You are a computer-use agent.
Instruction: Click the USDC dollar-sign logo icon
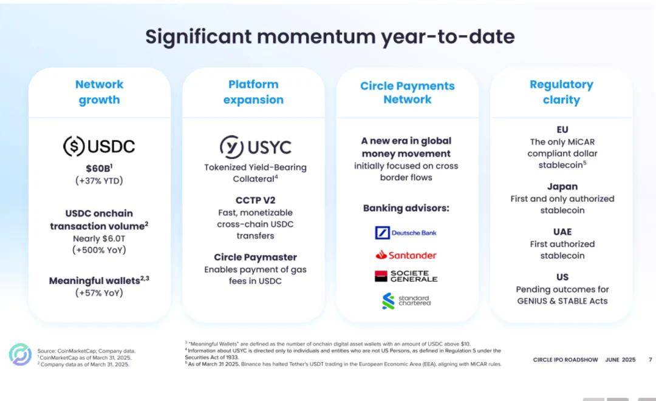point(73,146)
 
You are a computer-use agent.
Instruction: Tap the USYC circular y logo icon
point(231,147)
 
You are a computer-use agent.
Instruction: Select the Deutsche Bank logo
point(405,233)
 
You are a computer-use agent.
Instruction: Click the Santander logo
point(406,255)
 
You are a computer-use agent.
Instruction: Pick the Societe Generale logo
point(406,276)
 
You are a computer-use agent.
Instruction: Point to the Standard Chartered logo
point(406,301)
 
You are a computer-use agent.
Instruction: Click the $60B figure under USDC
point(99,168)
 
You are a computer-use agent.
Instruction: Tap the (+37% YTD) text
point(99,181)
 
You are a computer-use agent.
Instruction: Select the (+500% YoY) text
point(99,250)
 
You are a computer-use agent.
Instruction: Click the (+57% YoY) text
point(99,293)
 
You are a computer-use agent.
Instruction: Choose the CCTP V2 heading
point(255,200)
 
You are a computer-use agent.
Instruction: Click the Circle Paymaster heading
point(255,257)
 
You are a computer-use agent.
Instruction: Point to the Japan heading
point(562,187)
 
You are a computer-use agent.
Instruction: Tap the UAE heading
point(562,232)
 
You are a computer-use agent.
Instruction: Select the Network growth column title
point(99,92)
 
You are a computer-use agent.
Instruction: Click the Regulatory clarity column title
point(561,92)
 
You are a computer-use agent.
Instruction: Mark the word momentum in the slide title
point(316,37)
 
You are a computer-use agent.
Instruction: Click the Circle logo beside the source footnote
point(20,355)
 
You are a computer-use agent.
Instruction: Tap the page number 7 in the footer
point(650,360)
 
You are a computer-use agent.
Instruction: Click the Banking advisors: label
point(406,208)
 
